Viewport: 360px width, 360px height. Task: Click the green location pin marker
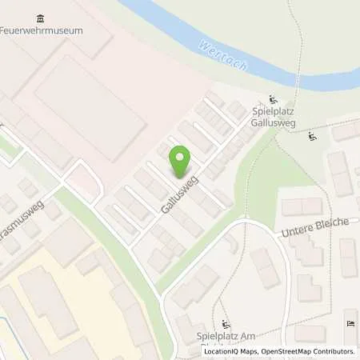pos(181,161)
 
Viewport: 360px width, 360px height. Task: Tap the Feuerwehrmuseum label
pos(42,30)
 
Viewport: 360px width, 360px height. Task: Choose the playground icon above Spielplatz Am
pos(226,324)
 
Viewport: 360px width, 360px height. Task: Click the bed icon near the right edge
pos(351,322)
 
